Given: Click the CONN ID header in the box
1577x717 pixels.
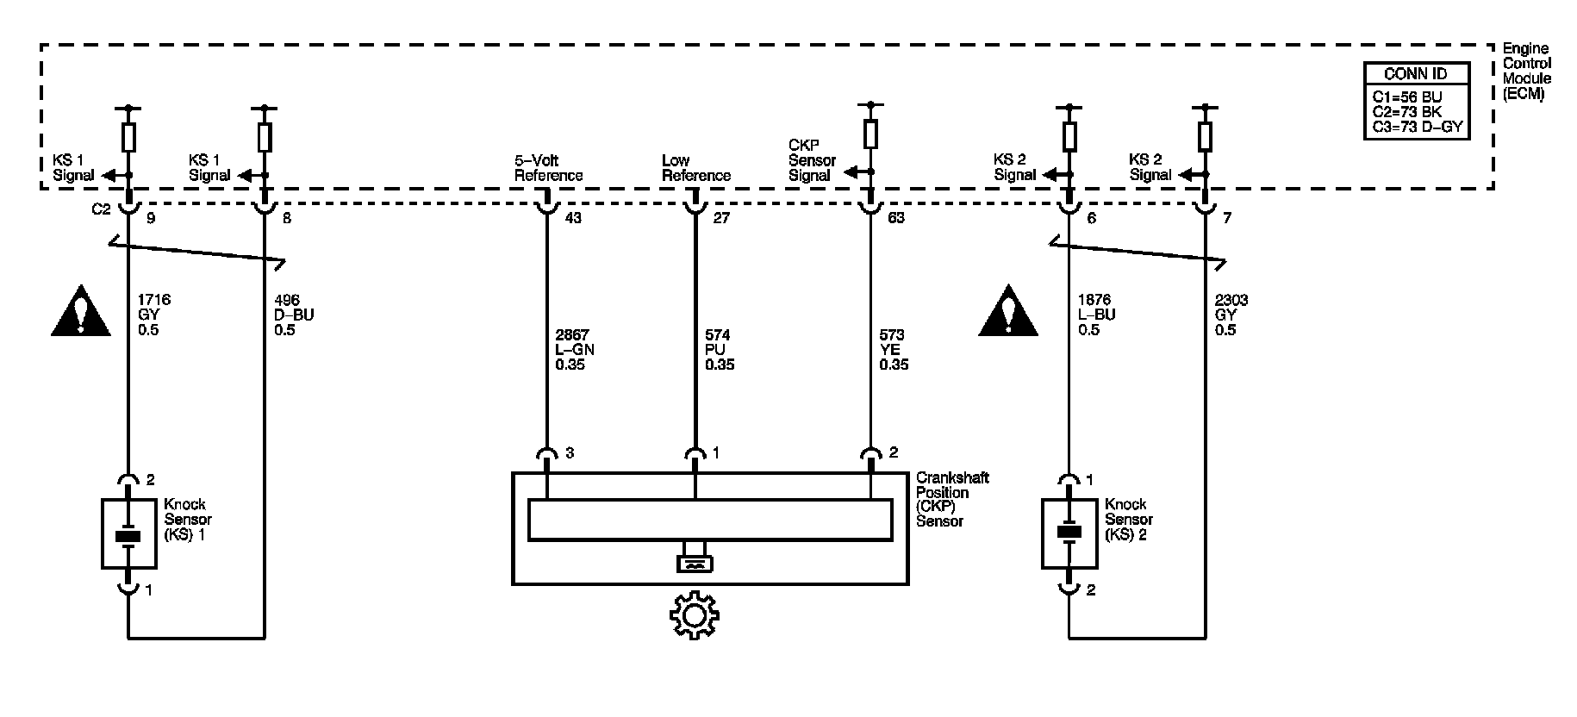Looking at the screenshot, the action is tap(1415, 74).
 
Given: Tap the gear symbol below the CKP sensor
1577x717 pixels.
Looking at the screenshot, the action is tap(695, 615).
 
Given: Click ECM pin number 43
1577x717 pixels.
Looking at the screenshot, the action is tap(573, 218).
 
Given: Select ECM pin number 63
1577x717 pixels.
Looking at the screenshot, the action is tap(896, 218).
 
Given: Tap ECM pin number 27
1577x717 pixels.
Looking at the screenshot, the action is tap(721, 218).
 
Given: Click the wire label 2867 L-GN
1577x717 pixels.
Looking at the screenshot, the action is tap(575, 349).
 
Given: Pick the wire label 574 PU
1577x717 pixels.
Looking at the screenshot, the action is tap(720, 349).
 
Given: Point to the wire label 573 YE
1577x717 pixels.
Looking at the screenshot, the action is tap(894, 349).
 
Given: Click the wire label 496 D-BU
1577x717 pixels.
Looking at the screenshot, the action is tap(294, 315).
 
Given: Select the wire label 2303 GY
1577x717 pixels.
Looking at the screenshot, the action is tap(1231, 315).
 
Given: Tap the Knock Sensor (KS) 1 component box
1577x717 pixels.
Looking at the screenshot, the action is tap(129, 533).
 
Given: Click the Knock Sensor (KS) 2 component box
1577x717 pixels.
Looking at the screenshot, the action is tap(1069, 533).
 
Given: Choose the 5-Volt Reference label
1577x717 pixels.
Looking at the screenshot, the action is tap(548, 168).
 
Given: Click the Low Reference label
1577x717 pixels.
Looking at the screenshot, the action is tap(695, 168).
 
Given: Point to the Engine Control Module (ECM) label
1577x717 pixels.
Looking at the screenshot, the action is tap(1527, 72).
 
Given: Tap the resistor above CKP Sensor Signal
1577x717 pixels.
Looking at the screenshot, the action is tap(870, 134).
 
